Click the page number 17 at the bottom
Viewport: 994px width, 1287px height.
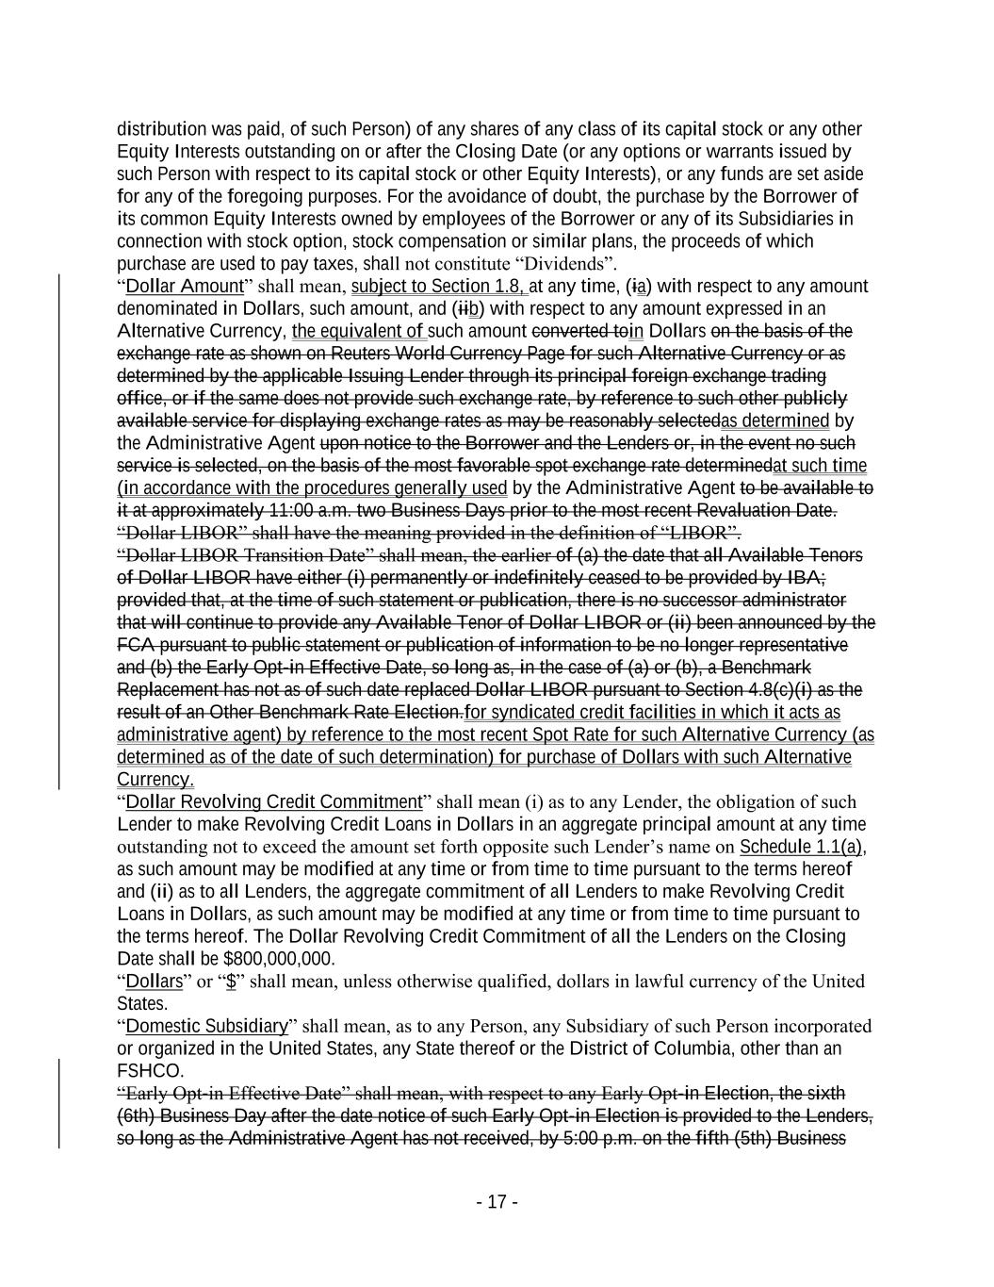497,1202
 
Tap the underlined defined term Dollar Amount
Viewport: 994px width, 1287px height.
184,286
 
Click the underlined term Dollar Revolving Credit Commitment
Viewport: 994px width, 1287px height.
273,802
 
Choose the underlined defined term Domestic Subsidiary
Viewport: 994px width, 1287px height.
206,1026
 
